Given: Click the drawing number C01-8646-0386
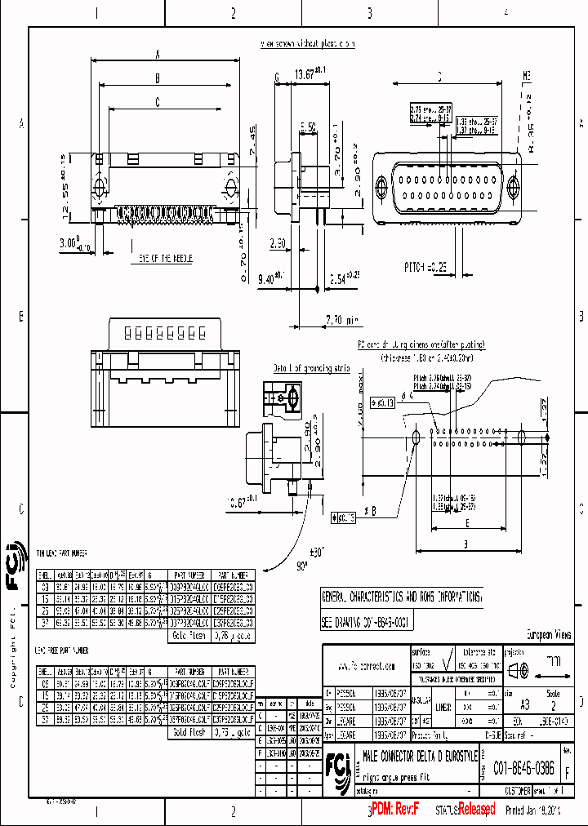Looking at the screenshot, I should tap(528, 768).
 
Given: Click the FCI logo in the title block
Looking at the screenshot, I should tap(336, 766).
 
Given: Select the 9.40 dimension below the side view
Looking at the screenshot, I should tap(272, 278).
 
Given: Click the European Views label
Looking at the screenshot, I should tap(548, 634).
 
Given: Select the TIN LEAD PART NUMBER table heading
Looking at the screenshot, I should tap(62, 553).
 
